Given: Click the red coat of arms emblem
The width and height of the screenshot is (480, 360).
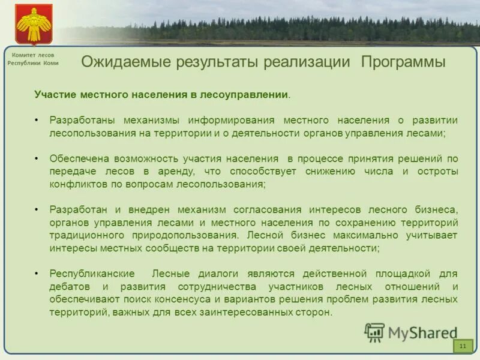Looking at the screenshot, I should point(34,23).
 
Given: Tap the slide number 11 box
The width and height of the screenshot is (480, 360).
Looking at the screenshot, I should point(463,346).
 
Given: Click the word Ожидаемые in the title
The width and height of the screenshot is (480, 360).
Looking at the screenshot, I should point(124,62).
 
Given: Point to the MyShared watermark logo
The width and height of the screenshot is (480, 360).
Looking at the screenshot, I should point(411,332).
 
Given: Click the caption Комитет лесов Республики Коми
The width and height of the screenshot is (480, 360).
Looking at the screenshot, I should point(33,59).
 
